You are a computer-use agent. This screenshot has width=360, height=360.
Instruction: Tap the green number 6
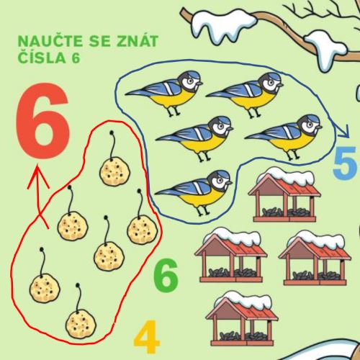tap(166, 275)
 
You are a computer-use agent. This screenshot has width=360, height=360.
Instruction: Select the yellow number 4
tap(146, 336)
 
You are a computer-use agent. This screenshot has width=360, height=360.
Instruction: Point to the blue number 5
tap(345, 163)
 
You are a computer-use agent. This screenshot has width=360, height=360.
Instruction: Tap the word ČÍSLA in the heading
tap(42, 58)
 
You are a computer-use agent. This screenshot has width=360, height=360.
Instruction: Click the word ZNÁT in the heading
tap(138, 40)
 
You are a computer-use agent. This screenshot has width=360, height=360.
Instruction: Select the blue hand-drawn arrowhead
tap(343, 132)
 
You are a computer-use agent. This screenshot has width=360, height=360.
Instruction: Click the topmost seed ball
tap(114, 171)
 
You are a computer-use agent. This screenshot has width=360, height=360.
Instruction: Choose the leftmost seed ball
tap(45, 288)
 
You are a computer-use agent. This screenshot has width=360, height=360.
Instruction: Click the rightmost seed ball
tap(142, 229)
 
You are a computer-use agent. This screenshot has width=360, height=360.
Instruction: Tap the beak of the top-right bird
tap(280, 85)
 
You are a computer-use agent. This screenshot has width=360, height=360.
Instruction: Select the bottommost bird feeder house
tap(241, 319)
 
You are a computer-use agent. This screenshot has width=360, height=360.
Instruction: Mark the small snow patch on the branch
tap(325, 48)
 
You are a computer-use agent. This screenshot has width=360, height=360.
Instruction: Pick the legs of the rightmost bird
tap(293, 155)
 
